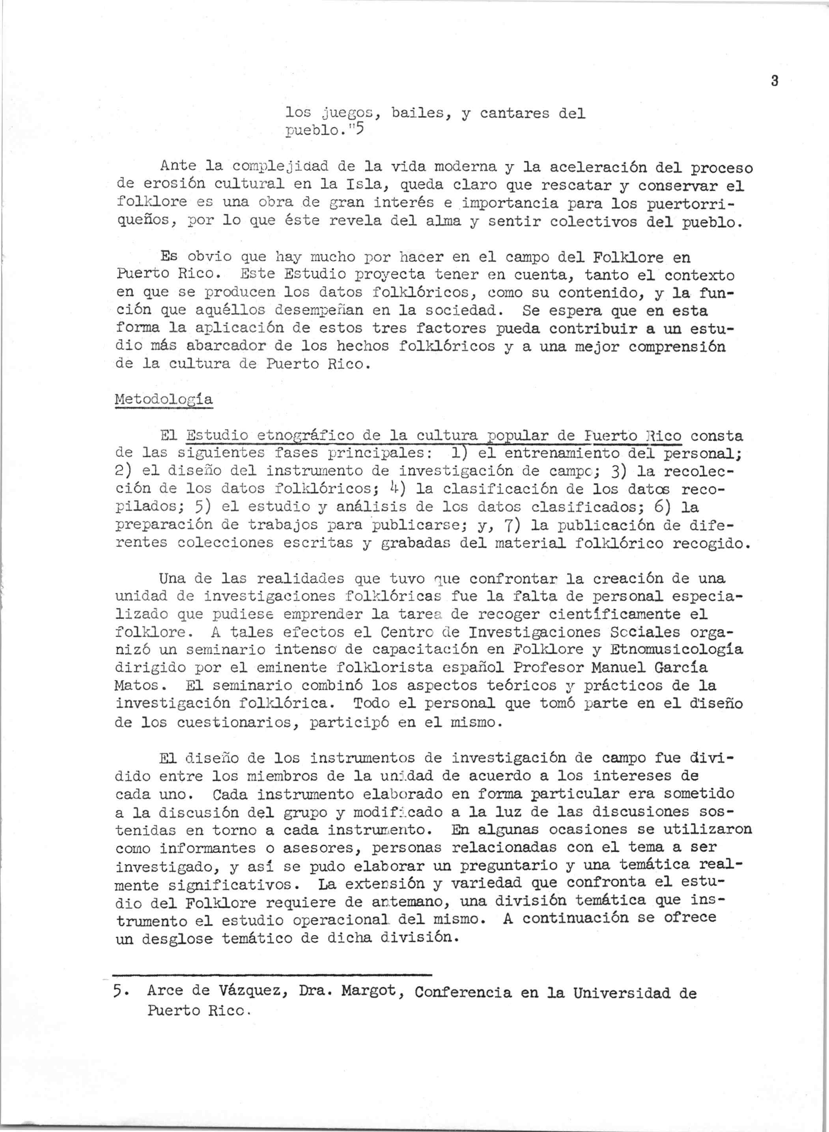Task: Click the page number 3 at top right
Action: pos(774,81)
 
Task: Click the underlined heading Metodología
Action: pos(164,400)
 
